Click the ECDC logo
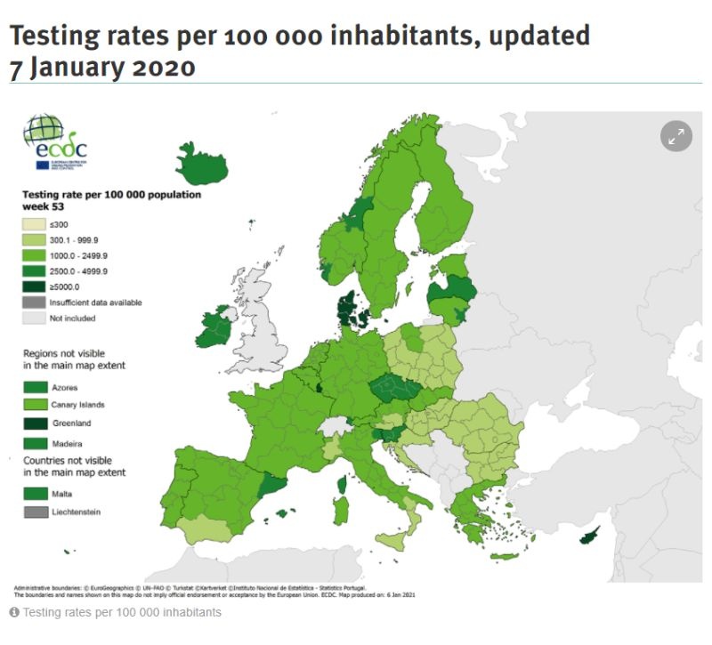click(55, 144)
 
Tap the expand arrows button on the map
click(676, 135)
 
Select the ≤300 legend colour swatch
click(36, 224)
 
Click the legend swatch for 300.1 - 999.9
click(36, 240)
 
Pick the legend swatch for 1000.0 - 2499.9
click(36, 255)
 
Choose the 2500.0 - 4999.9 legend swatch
click(36, 270)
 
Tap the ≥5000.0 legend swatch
click(36, 286)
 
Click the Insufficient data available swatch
click(36, 302)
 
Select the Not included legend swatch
click(36, 318)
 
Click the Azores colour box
click(36, 387)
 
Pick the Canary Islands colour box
click(36, 406)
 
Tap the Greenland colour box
click(36, 423)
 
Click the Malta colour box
click(36, 493)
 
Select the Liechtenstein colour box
click(36, 512)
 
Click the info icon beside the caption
click(14, 613)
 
